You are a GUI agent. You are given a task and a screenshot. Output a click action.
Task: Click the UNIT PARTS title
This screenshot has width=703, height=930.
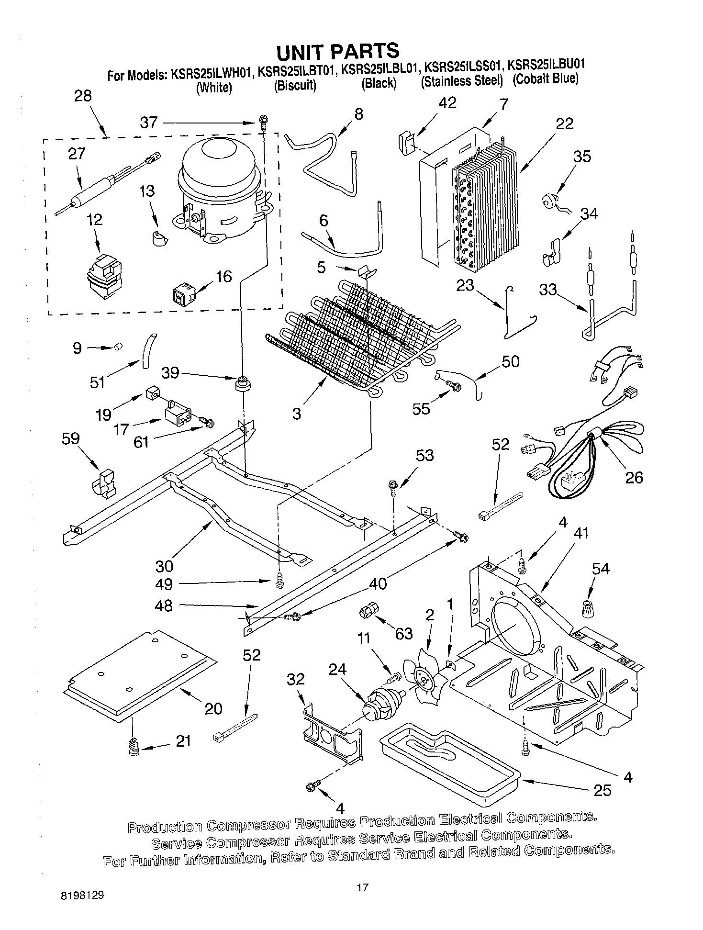tap(337, 50)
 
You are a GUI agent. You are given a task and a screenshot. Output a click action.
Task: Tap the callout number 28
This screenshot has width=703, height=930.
tap(83, 96)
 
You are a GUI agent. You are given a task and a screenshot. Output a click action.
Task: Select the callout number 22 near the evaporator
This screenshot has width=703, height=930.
tap(564, 123)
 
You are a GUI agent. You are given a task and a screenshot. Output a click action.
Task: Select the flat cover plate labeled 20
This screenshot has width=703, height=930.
tap(139, 674)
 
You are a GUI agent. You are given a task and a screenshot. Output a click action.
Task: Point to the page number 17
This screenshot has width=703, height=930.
tap(362, 888)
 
